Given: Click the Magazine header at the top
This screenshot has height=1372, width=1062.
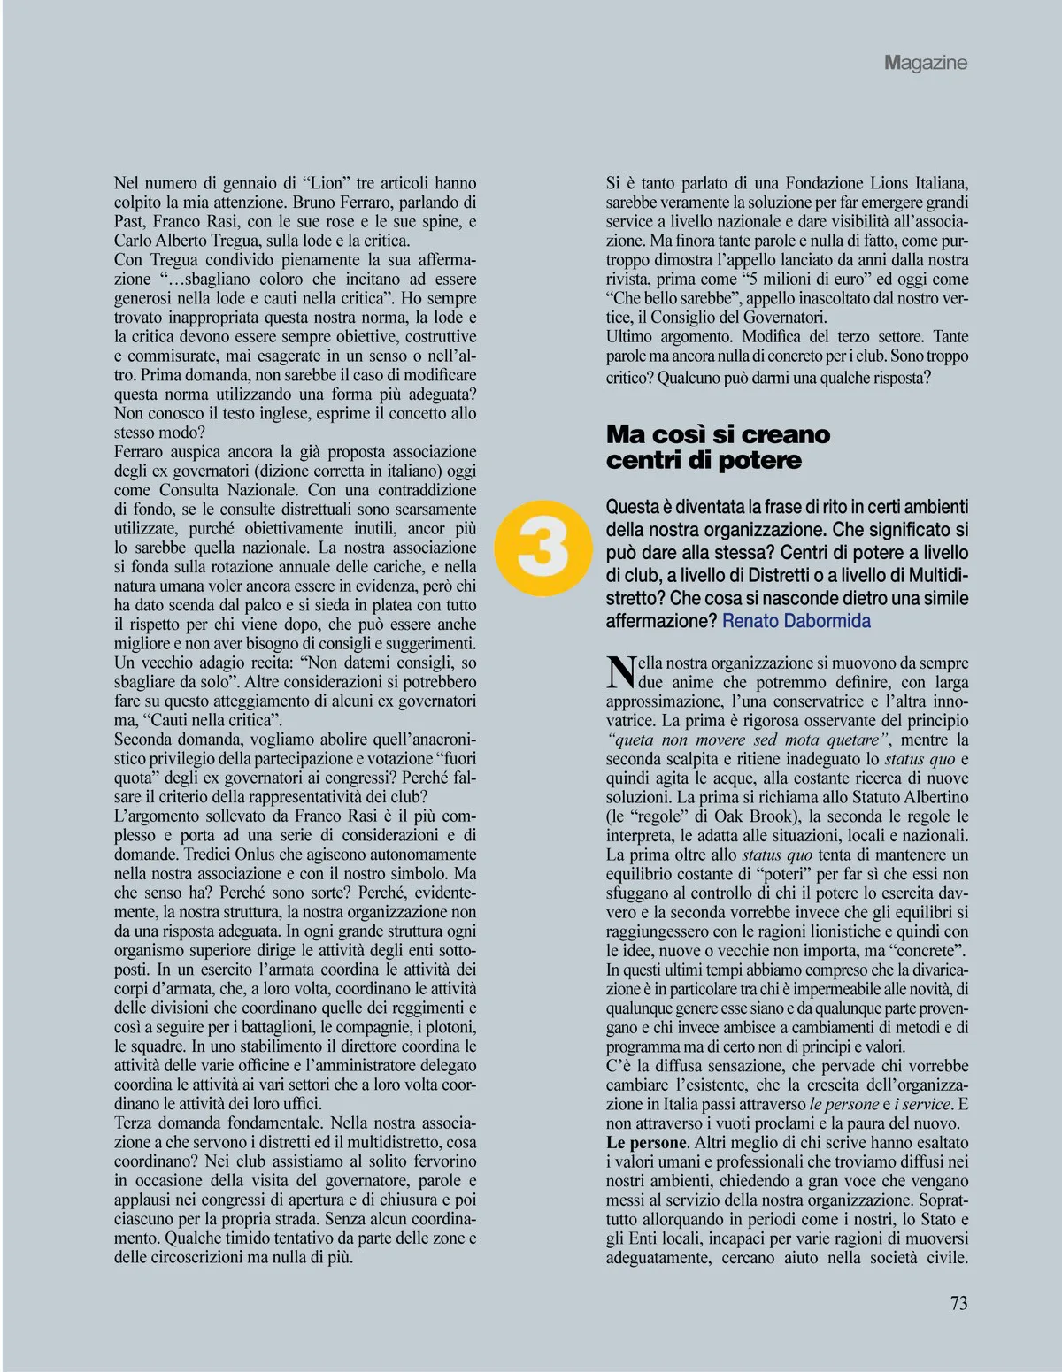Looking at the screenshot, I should tap(925, 63).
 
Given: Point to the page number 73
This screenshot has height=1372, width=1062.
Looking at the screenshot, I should tap(958, 1303).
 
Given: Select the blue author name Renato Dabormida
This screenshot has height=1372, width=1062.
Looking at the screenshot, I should tap(796, 621).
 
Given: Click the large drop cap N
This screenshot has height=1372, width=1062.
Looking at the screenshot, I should tap(621, 673).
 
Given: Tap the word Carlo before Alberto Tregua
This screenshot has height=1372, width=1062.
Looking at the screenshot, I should tap(135, 241).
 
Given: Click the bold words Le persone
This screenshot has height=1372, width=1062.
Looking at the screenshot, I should tap(646, 1143).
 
